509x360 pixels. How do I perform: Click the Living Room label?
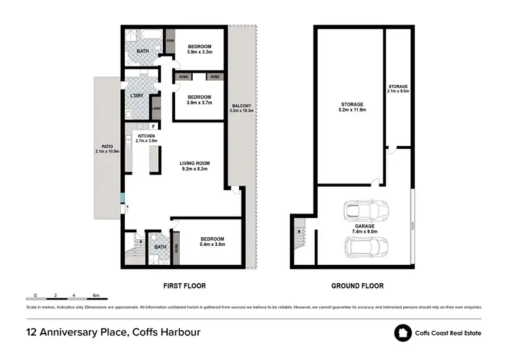[x=194, y=163]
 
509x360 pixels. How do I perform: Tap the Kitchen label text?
[x=147, y=136]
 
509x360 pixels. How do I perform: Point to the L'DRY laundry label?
[x=136, y=96]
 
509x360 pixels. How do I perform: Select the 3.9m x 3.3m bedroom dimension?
[x=200, y=52]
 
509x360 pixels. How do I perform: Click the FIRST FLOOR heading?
[x=183, y=286]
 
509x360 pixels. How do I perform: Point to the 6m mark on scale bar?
[x=96, y=295]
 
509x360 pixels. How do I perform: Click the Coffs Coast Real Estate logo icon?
[x=404, y=333]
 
